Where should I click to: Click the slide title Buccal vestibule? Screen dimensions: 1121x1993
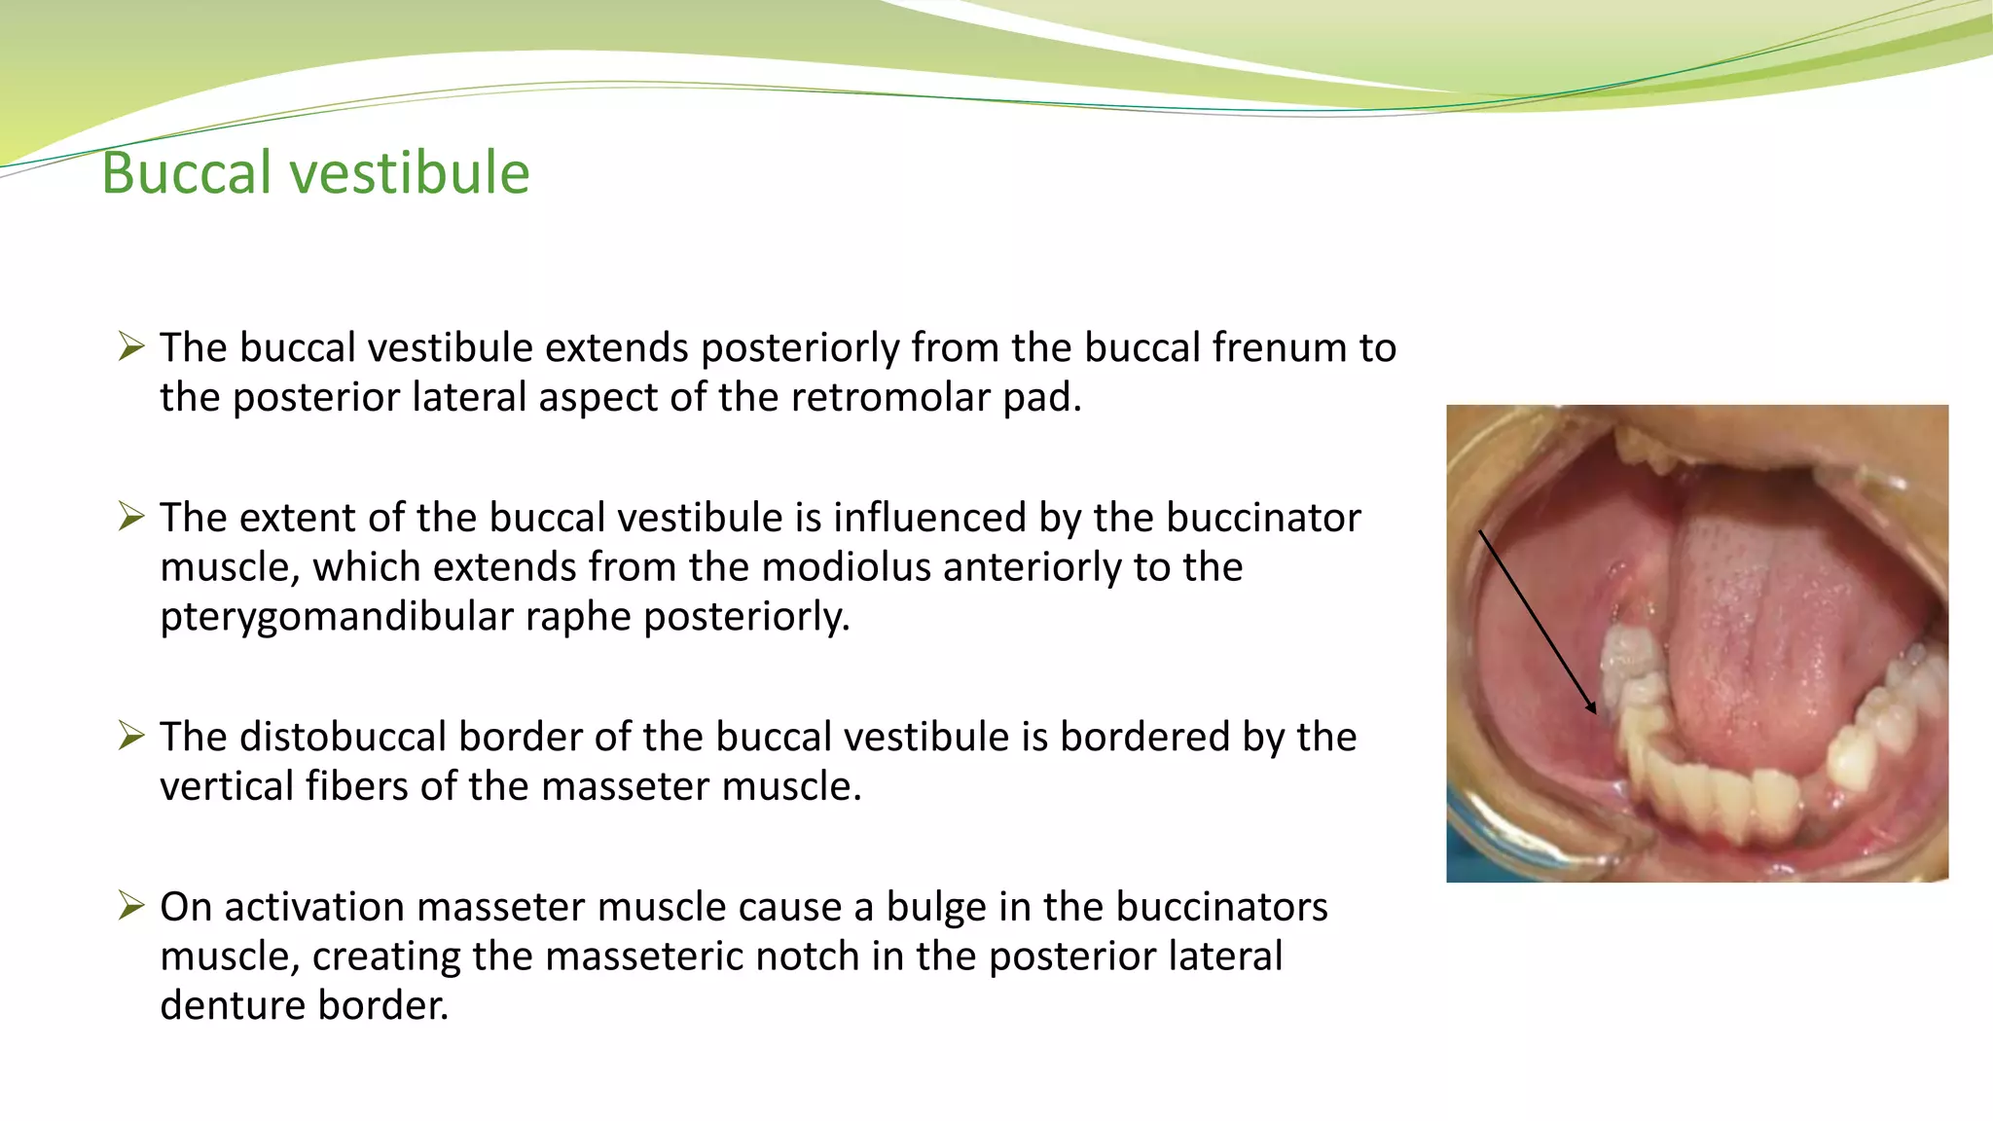tap(315, 173)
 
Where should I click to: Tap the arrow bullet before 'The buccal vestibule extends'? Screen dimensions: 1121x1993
tap(131, 345)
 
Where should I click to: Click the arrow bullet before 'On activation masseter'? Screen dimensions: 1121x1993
tap(131, 905)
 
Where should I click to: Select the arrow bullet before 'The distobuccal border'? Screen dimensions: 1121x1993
tap(131, 735)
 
